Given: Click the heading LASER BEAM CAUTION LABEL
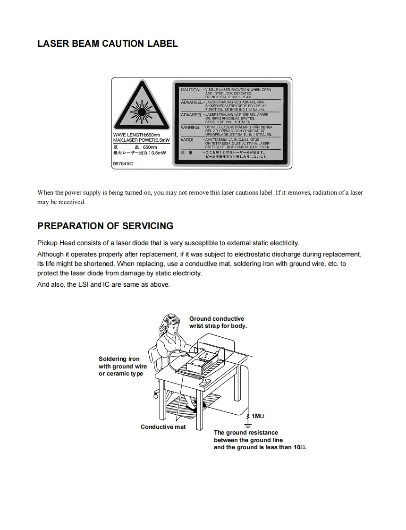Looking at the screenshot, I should [107, 43].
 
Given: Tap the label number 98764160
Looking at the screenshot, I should [123, 163].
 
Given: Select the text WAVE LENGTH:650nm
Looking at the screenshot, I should [136, 135].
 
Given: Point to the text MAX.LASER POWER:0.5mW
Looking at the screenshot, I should [141, 140].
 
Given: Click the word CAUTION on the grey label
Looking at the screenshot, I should [190, 90].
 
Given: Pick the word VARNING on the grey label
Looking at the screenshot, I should [190, 128].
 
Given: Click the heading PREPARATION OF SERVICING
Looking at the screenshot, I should [105, 226].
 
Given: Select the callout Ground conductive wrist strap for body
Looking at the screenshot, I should [218, 322].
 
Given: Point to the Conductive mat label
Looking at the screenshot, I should [163, 427].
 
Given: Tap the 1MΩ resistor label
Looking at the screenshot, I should [258, 416].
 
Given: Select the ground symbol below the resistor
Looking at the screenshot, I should [247, 424].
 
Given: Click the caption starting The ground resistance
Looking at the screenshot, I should [260, 440].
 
